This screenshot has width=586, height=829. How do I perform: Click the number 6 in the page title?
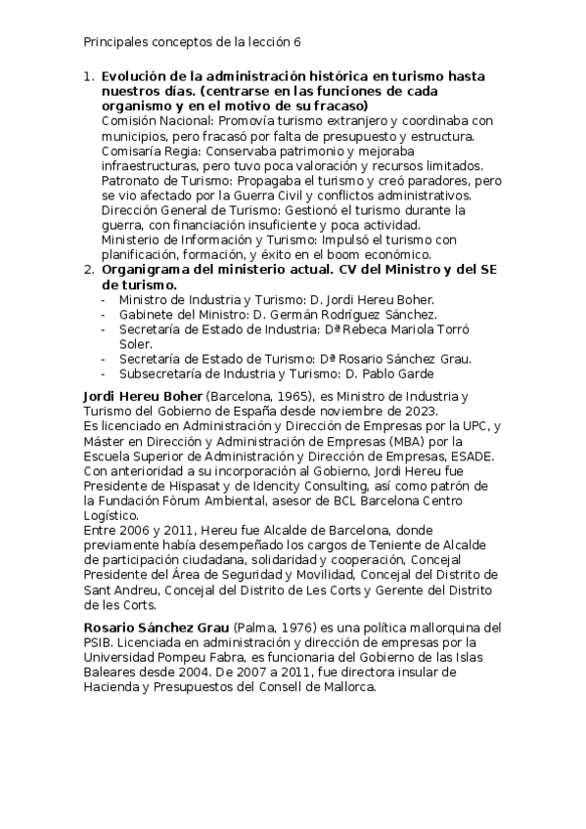[x=297, y=42]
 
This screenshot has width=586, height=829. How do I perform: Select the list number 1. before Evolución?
[x=88, y=76]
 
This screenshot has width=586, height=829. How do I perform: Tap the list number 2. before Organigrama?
[x=88, y=270]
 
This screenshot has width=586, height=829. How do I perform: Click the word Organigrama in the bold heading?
[x=148, y=270]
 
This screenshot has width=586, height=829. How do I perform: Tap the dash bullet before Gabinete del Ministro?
[x=105, y=314]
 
